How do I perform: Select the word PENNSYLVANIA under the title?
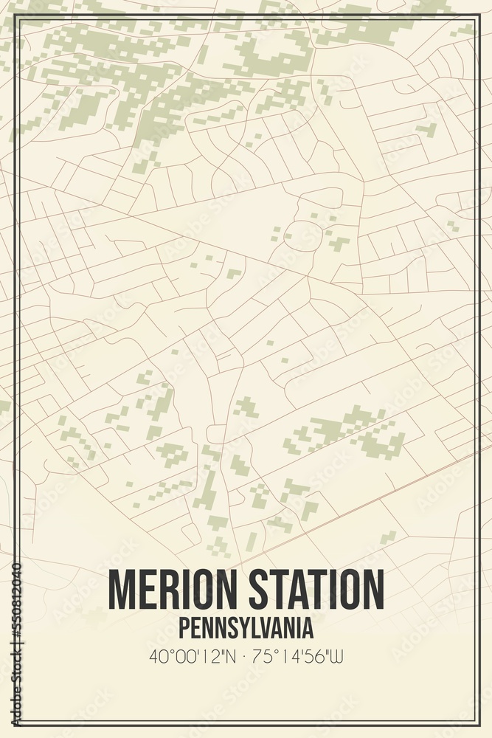(246, 628)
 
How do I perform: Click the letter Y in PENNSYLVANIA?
(232, 628)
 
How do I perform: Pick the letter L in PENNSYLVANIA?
(245, 628)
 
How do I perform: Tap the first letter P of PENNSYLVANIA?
(183, 628)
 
